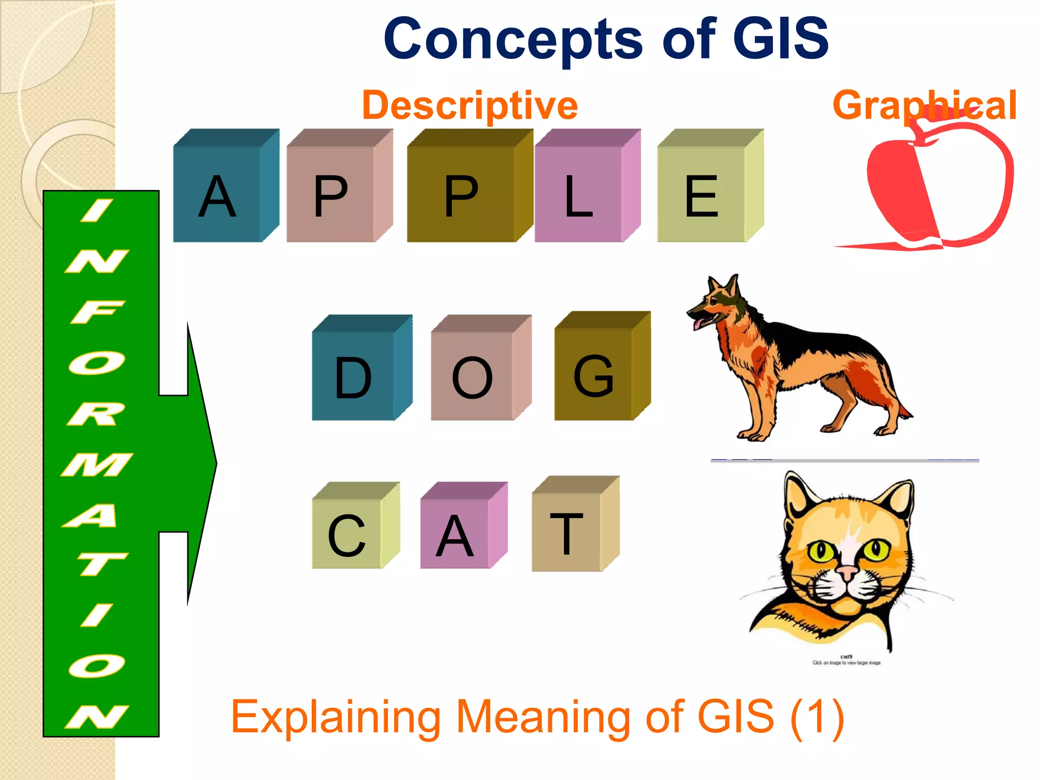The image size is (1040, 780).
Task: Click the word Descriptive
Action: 470,105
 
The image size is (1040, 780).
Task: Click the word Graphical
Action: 924,105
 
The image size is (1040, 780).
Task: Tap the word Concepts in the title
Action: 513,39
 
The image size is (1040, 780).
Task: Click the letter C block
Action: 347,533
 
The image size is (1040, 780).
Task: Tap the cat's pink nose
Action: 847,574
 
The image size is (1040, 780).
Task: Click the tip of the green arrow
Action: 215,463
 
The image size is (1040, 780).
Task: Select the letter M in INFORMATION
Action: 96,465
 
